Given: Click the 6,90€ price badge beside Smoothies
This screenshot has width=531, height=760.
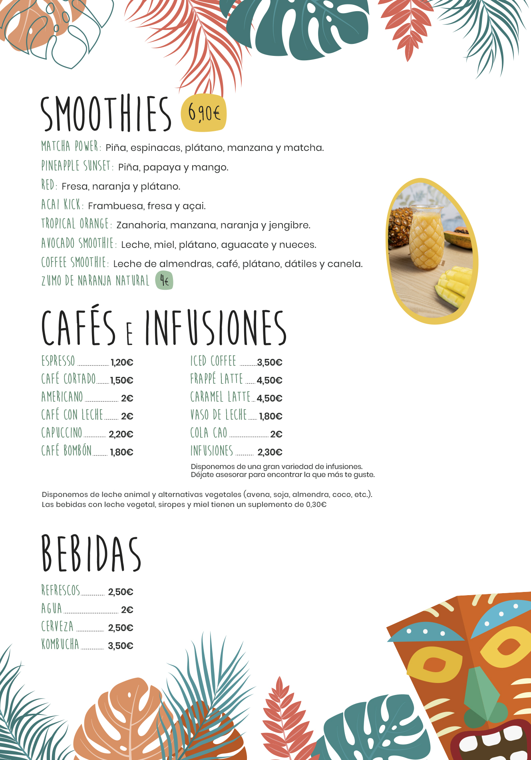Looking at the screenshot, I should (x=204, y=113).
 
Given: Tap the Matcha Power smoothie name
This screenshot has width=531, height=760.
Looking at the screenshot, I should (x=71, y=146).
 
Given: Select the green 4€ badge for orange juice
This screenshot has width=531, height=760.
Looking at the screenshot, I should (x=164, y=281).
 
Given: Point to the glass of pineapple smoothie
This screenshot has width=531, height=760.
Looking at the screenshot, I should (x=426, y=238).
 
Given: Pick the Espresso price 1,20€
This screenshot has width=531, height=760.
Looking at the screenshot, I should (x=122, y=362).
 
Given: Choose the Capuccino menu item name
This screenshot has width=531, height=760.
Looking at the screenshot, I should (x=62, y=433).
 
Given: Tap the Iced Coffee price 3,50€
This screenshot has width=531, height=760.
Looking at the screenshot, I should (x=270, y=362).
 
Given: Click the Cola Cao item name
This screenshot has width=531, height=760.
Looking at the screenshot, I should (x=209, y=433).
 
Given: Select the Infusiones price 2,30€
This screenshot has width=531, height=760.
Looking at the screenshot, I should (x=270, y=452).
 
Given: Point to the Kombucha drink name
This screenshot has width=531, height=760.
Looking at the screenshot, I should (x=60, y=644).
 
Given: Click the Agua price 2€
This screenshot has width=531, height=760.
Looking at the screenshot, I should (x=127, y=610).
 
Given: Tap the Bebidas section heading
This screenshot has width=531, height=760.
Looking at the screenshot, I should (x=91, y=554).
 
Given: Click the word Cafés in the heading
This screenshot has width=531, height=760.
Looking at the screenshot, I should (x=79, y=327).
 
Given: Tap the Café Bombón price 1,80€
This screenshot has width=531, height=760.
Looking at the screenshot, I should (x=121, y=452).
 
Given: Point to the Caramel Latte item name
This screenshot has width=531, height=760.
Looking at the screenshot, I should (x=220, y=397).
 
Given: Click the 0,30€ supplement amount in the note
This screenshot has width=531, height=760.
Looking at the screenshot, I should (x=316, y=505).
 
